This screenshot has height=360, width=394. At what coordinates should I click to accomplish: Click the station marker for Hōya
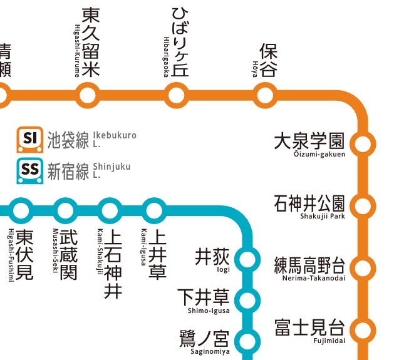pos(266,95)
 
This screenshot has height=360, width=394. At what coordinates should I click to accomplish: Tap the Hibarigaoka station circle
pos(176,95)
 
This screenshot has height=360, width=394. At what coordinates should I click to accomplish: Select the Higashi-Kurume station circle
pos(87,95)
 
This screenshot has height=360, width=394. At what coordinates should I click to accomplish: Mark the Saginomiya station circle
pos(249,341)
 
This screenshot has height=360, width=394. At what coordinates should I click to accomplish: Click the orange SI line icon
pos(29,140)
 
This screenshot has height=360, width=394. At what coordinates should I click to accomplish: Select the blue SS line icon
pos(29,171)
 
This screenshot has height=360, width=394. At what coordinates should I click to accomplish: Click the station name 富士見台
pos(309,327)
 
